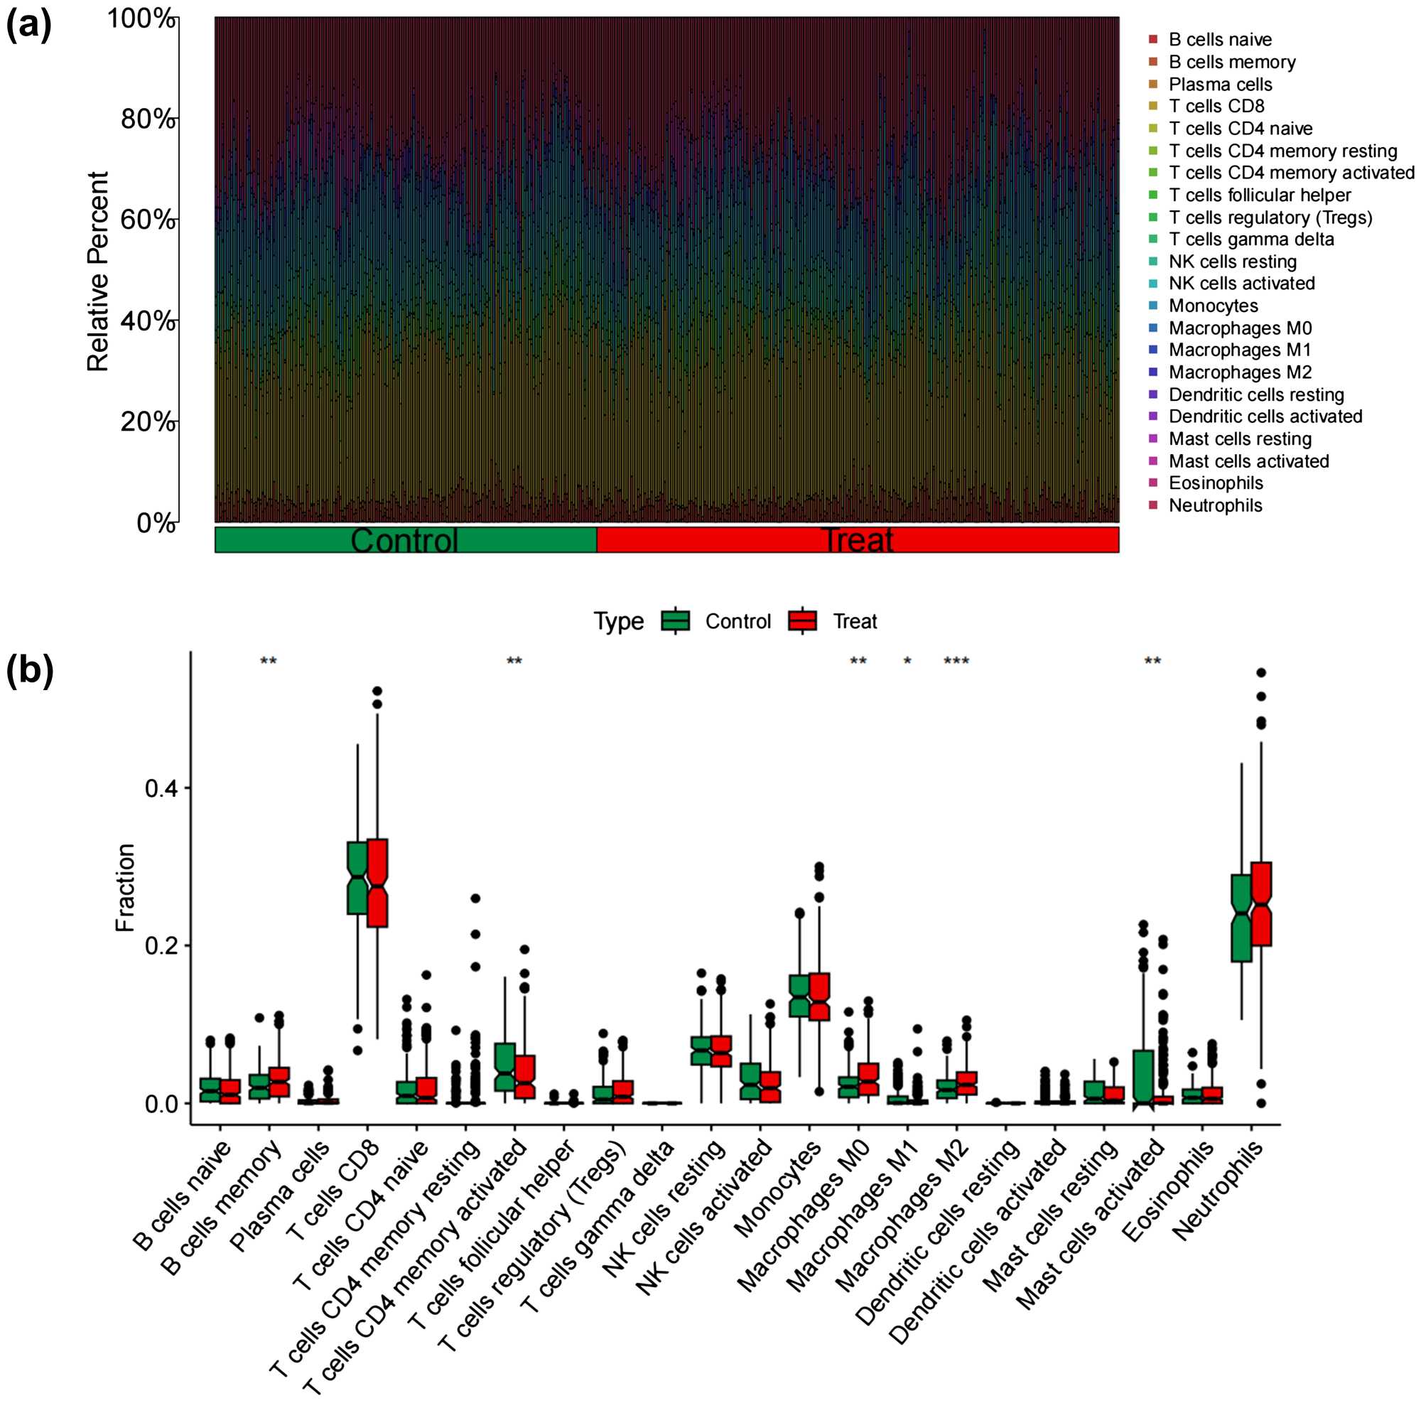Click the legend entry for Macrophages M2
[x=1239, y=372]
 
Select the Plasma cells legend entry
[x=1219, y=85]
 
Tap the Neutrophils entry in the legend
[x=1215, y=505]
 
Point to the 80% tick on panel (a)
[x=147, y=119]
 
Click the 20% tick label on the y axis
[x=147, y=421]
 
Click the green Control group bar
[x=405, y=539]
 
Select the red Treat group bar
[x=858, y=539]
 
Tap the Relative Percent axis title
[x=98, y=271]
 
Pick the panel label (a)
[x=29, y=27]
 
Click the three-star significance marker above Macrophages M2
[x=956, y=661]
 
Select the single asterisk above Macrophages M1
[x=907, y=661]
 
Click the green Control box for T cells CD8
[x=357, y=878]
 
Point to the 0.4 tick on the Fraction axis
[x=158, y=788]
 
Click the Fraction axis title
[x=125, y=887]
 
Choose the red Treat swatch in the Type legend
[x=801, y=621]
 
